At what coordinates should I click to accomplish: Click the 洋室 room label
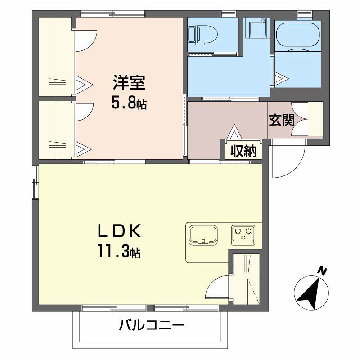coord(129,83)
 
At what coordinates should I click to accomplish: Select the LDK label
coord(119,231)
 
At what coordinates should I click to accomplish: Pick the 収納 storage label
coord(243,151)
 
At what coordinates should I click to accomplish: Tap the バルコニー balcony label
coord(152,325)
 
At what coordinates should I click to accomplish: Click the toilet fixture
coord(202,36)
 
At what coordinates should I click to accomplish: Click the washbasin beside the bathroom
coord(256,27)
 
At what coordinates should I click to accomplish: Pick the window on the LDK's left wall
coord(35,182)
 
